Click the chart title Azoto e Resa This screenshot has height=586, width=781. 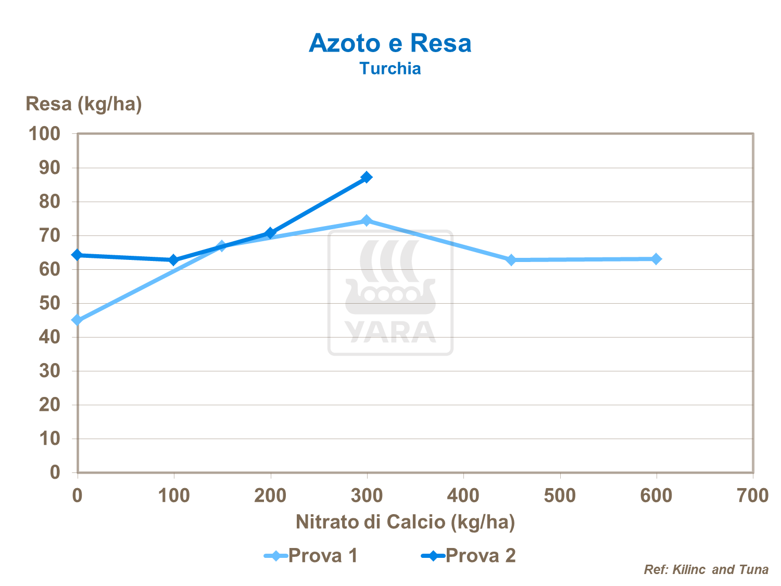[390, 43]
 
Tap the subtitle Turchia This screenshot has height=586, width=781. [390, 69]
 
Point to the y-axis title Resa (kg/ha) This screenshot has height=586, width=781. [84, 104]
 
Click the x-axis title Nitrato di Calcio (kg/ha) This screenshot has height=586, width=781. [405, 522]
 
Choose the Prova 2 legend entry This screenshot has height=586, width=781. [469, 556]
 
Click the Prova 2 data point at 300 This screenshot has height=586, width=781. [367, 177]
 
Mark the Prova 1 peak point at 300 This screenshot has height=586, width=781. [367, 221]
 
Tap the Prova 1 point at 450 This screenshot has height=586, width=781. [511, 260]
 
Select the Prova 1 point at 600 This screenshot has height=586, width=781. [656, 259]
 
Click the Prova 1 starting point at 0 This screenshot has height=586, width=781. [78, 320]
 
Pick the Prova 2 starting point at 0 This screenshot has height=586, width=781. [78, 255]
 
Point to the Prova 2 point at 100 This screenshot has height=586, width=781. [174, 260]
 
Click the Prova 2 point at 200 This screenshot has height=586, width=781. [270, 233]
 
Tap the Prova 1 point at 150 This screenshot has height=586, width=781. [222, 246]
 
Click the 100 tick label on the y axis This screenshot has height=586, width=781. [44, 134]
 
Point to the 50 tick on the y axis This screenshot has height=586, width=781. [49, 303]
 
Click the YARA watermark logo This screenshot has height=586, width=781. [391, 293]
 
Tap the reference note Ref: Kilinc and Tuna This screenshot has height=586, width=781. [706, 570]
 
